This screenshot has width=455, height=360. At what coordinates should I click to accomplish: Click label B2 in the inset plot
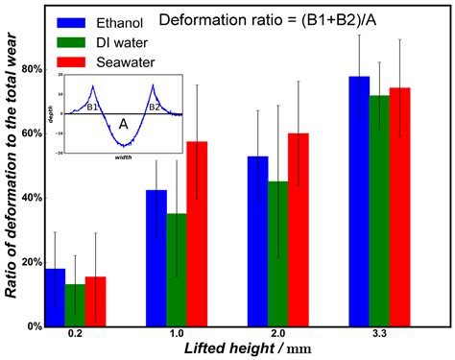(x=154, y=108)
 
